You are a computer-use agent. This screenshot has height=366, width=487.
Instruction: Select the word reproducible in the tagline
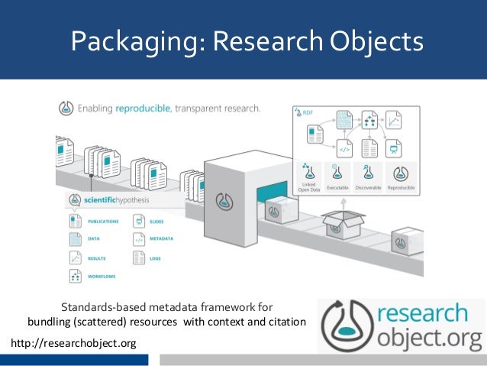pos(148,109)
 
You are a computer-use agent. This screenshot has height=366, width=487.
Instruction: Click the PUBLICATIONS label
pos(103,222)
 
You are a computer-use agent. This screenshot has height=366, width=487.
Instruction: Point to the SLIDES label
pos(157,222)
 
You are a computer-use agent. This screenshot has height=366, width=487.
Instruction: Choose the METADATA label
pos(161,239)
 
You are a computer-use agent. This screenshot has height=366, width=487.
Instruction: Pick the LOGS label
pos(156,258)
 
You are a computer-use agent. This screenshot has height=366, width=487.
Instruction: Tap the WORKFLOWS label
pos(101,277)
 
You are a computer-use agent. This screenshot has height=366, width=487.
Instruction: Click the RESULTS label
pos(97,258)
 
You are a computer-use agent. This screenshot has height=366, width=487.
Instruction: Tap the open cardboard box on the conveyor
pos(342,224)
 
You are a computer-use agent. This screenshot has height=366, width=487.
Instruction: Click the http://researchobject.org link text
pos(73,343)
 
